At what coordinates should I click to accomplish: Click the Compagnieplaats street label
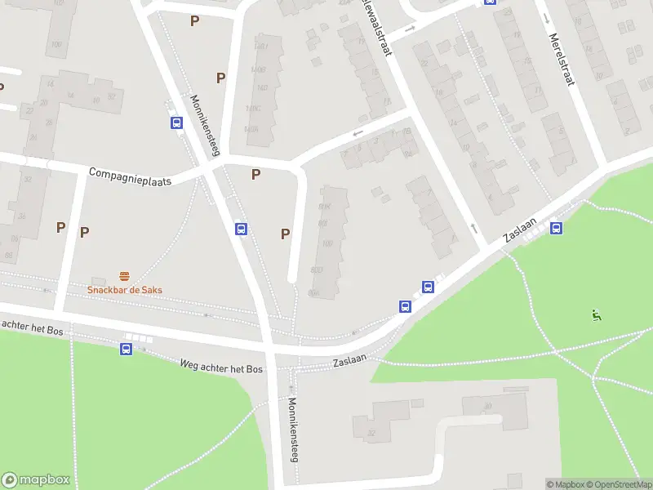[130, 176]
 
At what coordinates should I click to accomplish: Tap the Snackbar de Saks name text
[125, 290]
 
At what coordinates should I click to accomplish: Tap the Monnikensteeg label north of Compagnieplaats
[206, 125]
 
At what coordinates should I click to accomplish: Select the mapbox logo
[37, 479]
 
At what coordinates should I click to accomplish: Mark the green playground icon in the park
[597, 315]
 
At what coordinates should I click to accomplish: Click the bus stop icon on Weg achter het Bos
[127, 350]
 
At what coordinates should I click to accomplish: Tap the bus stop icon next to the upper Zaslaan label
[557, 228]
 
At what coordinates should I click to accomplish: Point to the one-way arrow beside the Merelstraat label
[545, 18]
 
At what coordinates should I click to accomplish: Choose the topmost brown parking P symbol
[194, 20]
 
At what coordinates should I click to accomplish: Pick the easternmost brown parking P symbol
[285, 234]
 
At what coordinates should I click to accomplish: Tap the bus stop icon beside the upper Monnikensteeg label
[175, 122]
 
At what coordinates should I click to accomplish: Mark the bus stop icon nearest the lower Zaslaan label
[405, 306]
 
